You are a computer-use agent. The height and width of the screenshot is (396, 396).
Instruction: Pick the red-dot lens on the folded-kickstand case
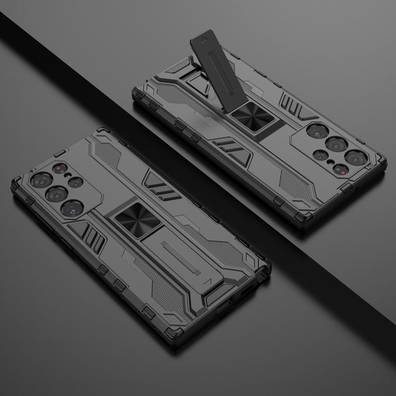click(x=59, y=169)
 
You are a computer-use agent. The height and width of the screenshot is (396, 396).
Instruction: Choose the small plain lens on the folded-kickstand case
click(x=76, y=182)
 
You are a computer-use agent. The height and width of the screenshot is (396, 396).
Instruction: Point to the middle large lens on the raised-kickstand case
click(x=336, y=143)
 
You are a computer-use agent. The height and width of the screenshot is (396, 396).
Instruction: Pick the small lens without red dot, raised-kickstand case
click(x=321, y=155)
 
